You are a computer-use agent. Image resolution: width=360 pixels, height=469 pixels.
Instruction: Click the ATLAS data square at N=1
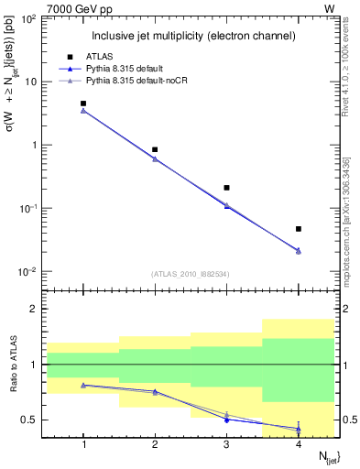(83, 104)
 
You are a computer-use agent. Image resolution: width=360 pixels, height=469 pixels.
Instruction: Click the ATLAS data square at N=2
(155, 149)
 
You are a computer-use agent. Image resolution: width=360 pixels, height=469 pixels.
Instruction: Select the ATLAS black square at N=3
(226, 188)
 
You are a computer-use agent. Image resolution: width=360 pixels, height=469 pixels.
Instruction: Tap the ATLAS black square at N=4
(299, 229)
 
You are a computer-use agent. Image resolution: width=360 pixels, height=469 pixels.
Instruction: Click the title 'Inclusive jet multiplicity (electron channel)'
(192, 36)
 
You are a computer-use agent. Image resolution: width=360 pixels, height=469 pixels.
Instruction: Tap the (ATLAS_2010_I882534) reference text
(191, 274)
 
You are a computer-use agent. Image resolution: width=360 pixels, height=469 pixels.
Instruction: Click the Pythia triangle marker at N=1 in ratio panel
(83, 385)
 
